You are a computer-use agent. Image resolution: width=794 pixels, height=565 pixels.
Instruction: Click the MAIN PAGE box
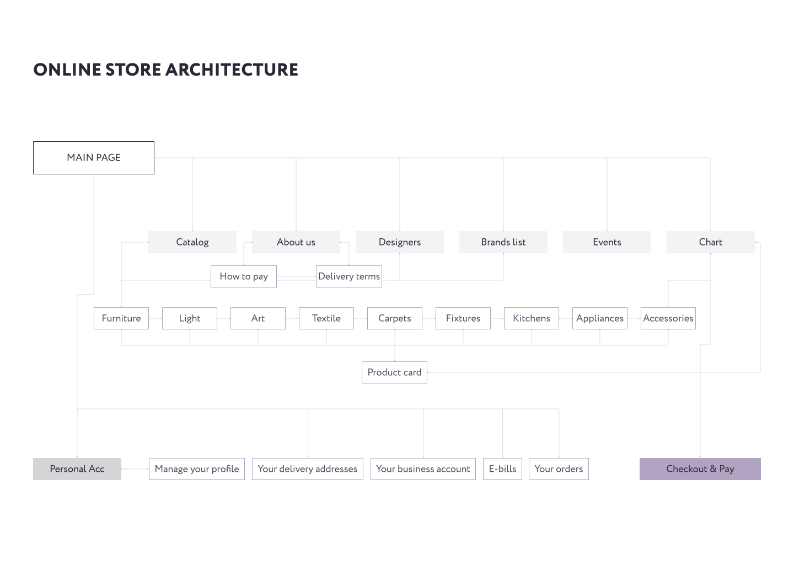click(x=94, y=158)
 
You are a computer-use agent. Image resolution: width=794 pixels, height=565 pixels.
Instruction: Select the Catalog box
click(x=192, y=242)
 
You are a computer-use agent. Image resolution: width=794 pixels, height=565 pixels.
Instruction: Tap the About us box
click(x=296, y=242)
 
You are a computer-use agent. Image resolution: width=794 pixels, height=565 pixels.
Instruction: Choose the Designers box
click(x=399, y=242)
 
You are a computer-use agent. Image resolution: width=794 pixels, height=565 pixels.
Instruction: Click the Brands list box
click(x=503, y=242)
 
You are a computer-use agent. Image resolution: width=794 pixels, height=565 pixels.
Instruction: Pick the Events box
click(x=607, y=242)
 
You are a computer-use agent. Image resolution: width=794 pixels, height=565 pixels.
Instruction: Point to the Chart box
click(x=710, y=242)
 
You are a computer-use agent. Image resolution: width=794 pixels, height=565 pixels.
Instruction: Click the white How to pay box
click(x=243, y=276)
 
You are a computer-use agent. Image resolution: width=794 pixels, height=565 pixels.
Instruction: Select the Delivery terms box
click(x=348, y=276)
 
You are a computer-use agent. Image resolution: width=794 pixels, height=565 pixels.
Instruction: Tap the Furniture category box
click(x=121, y=318)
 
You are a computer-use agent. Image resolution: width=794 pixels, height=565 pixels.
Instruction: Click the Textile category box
click(x=326, y=318)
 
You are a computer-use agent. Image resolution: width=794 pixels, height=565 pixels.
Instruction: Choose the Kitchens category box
click(x=531, y=318)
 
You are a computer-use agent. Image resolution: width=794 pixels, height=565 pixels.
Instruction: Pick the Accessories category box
click(x=668, y=318)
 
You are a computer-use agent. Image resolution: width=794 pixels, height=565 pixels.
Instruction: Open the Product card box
click(x=394, y=372)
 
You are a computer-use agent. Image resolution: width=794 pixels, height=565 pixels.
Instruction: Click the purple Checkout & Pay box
click(x=700, y=469)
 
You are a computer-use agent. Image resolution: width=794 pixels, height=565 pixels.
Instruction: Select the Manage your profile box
click(x=196, y=469)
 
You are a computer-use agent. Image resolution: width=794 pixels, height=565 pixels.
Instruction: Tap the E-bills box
click(x=502, y=469)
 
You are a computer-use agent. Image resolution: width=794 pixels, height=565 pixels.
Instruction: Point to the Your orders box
click(x=558, y=469)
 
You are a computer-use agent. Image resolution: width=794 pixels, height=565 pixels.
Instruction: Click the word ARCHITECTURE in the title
click(x=231, y=70)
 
